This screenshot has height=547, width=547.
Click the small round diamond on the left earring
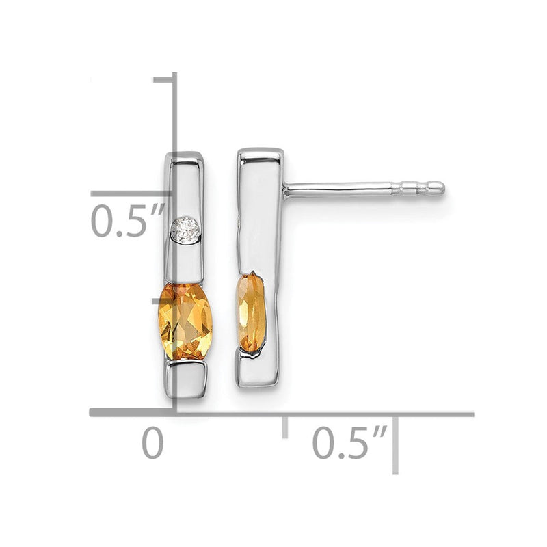(185, 228)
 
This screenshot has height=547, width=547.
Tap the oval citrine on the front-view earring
(185, 321)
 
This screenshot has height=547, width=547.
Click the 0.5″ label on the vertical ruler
(126, 221)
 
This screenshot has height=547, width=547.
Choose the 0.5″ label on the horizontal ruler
(349, 442)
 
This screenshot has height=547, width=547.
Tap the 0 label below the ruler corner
(152, 443)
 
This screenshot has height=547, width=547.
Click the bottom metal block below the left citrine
(186, 379)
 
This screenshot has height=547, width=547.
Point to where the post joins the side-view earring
(286, 189)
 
